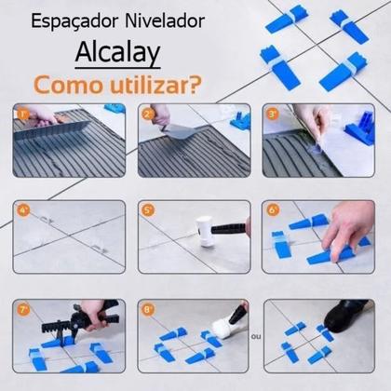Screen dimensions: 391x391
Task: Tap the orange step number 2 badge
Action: coord(148,115)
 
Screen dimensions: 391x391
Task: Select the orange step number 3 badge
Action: coord(274,115)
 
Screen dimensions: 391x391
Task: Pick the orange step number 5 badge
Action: coord(148,210)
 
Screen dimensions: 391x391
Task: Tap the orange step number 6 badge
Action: coord(274,210)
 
